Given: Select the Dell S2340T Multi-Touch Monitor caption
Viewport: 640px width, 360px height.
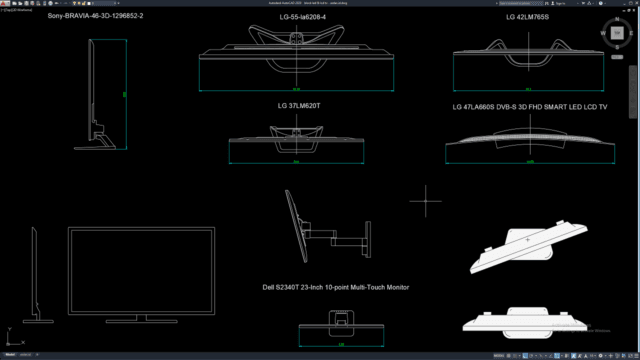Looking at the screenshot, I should pos(335,287).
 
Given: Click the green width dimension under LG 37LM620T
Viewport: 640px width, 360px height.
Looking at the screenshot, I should pos(296,161).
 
